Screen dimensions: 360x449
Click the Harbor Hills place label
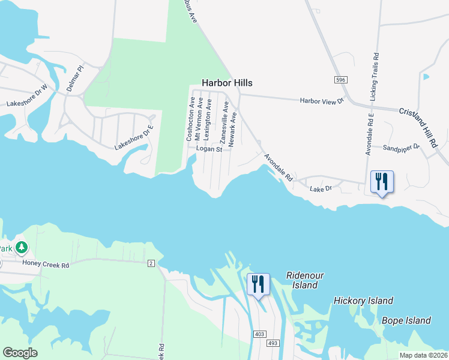click(x=227, y=83)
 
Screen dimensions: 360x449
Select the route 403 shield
click(x=260, y=333)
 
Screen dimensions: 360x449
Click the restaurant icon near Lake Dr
click(x=382, y=182)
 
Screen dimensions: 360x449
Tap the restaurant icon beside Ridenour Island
click(x=259, y=284)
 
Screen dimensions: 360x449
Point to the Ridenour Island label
click(x=305, y=280)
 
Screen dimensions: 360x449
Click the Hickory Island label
click(x=363, y=301)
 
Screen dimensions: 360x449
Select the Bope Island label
click(x=406, y=320)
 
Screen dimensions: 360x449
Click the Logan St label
click(x=209, y=149)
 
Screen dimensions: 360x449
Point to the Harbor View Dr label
click(x=321, y=101)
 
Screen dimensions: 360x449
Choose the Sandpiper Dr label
click(x=401, y=146)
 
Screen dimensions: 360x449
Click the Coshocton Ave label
click(x=190, y=119)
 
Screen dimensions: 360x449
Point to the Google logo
click(x=20, y=353)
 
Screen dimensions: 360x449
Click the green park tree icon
click(x=22, y=247)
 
